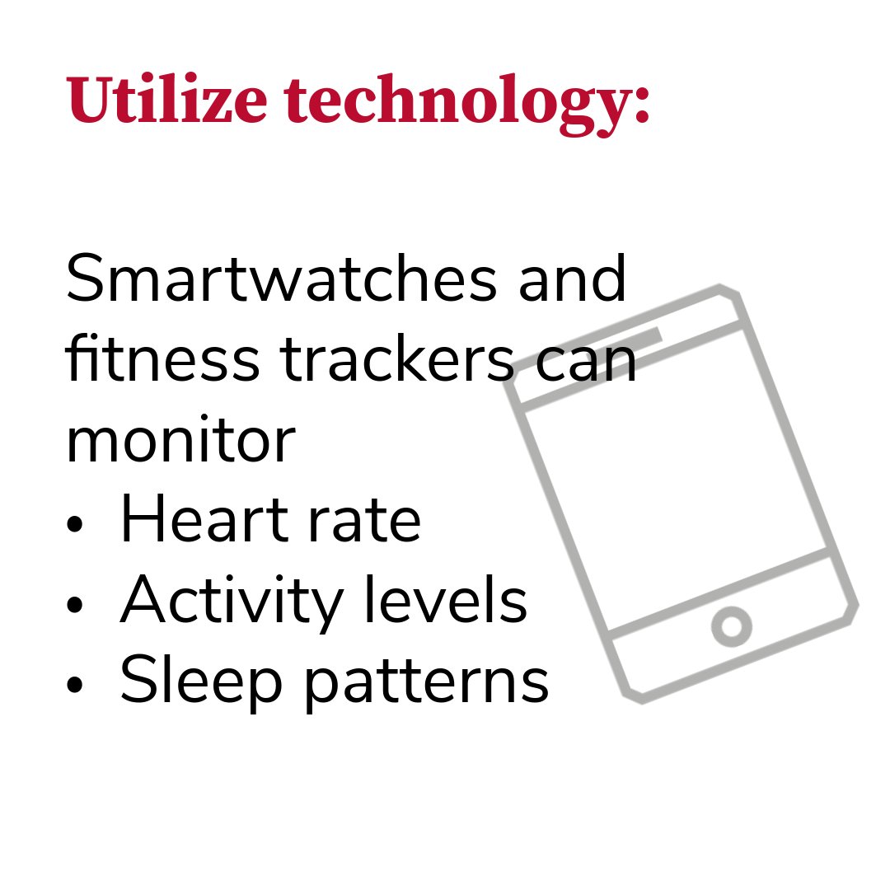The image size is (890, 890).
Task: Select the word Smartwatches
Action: tap(281, 280)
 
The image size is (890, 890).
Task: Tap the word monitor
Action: tap(180, 441)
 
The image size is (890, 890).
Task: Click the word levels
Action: tap(446, 601)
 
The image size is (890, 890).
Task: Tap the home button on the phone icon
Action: tap(732, 626)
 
